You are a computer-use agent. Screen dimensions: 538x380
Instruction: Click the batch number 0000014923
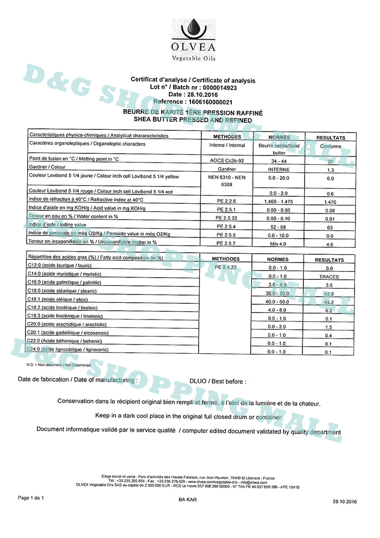tap(219, 87)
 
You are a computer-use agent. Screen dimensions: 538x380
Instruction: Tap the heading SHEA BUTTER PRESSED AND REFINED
tap(193, 119)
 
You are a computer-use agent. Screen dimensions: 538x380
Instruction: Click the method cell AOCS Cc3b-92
tap(227, 160)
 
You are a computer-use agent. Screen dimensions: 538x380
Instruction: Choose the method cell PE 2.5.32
tap(227, 217)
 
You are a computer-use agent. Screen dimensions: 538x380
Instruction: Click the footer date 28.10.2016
tap(345, 501)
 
